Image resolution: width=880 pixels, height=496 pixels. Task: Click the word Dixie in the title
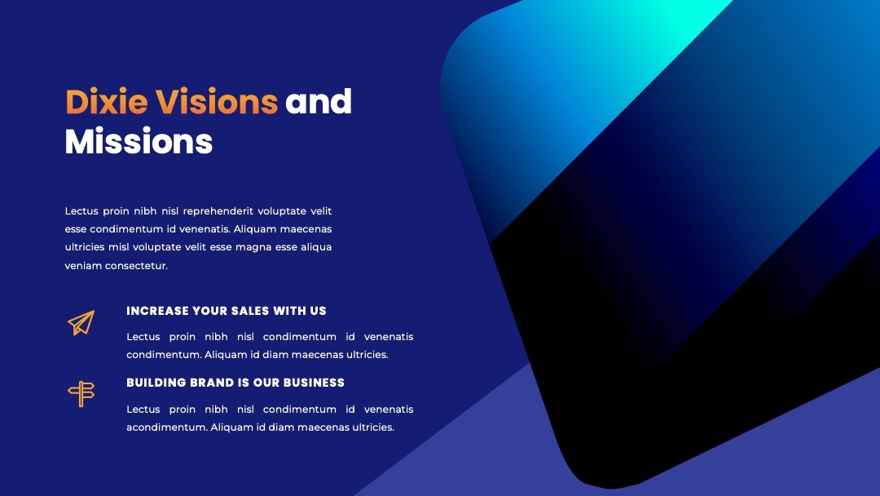pos(107,102)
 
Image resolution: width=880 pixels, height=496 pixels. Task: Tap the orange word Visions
pos(216,102)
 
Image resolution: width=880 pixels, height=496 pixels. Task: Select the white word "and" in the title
pos(319,102)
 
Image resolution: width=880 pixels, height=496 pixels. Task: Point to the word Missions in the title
pos(139,141)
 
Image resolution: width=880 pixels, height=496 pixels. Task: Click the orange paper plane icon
pos(81,322)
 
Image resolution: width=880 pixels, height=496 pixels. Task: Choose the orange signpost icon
pos(81,394)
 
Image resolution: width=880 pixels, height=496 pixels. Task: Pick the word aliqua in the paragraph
pos(316,248)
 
